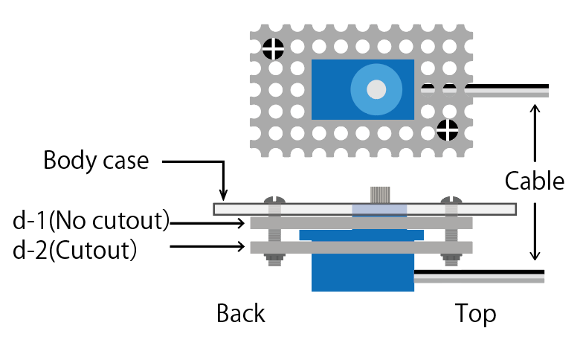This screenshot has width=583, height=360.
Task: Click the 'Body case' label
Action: click(x=96, y=161)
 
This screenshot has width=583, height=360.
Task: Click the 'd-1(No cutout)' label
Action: click(x=91, y=221)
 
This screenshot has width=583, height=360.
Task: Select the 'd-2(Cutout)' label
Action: click(x=75, y=251)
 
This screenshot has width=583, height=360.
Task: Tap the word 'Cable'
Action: click(x=534, y=181)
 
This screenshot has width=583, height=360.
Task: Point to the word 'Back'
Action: click(x=240, y=314)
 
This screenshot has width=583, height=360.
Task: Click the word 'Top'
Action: click(x=475, y=314)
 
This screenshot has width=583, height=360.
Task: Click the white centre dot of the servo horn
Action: click(x=376, y=89)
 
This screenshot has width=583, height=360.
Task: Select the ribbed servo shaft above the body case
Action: click(x=381, y=194)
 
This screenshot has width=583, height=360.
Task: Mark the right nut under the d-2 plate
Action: click(x=451, y=260)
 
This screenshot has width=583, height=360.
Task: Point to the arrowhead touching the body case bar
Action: click(x=222, y=196)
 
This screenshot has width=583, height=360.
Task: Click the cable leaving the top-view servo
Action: click(x=506, y=91)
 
